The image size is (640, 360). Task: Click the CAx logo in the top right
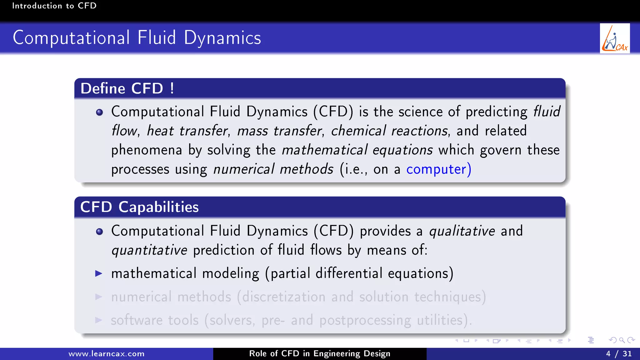(614, 38)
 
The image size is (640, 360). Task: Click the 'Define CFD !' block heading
(127, 88)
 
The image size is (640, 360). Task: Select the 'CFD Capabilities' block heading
(139, 207)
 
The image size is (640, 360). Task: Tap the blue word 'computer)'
(438, 169)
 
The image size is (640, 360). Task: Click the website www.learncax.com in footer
(106, 354)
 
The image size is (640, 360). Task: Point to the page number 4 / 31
(618, 354)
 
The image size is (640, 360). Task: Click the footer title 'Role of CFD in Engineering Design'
(319, 353)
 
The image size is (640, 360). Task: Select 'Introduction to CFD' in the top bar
(54, 6)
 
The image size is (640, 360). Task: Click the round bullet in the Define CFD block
(99, 112)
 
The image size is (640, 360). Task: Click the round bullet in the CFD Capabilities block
(99, 232)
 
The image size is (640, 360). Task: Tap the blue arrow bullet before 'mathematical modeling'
(99, 274)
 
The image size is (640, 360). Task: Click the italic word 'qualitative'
(462, 231)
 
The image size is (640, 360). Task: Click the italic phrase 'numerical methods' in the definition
(273, 169)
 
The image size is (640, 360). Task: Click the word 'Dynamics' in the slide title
(222, 38)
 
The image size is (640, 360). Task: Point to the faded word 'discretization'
(283, 297)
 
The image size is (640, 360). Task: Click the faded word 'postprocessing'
(365, 320)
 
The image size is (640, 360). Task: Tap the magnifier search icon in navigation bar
(622, 340)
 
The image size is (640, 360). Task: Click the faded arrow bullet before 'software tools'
(99, 320)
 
